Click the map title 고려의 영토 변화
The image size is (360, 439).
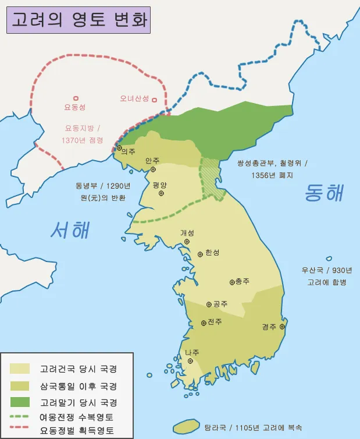[79, 20]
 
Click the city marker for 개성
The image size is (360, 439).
[187, 241]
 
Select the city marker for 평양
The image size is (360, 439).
[161, 193]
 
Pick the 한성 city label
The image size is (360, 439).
[212, 253]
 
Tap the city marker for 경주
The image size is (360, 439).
[281, 327]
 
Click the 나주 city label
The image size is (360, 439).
[192, 352]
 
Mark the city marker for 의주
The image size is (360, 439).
[119, 148]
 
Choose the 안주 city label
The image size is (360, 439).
[152, 160]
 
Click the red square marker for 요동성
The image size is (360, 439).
[75, 99]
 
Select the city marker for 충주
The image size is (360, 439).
[232, 282]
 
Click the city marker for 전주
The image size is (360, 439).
[203, 323]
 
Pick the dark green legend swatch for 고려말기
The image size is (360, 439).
[20, 402]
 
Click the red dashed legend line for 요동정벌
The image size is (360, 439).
[20, 431]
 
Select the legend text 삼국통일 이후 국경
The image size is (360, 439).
[78, 386]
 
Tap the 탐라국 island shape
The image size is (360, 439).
[184, 426]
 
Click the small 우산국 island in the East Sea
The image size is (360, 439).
[329, 259]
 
